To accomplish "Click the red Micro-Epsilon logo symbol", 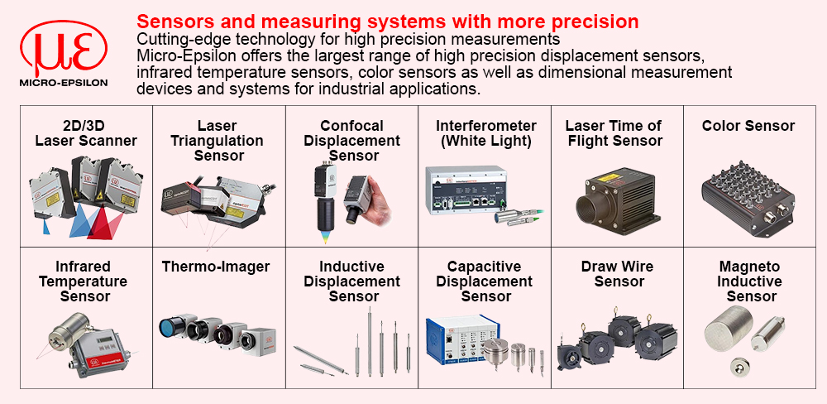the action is click(64, 49).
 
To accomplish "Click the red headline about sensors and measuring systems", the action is click(388, 22).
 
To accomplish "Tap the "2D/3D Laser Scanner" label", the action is click(86, 133).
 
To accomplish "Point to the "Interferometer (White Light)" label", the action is click(485, 133).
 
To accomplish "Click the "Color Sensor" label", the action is click(748, 126).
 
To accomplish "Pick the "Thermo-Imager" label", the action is click(216, 267).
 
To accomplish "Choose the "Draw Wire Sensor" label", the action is click(617, 273).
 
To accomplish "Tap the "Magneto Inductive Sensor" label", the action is click(749, 281).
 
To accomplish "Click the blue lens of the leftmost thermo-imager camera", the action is click(170, 326).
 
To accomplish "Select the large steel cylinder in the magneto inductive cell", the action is click(729, 329).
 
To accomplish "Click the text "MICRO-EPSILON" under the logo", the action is click(64, 83).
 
